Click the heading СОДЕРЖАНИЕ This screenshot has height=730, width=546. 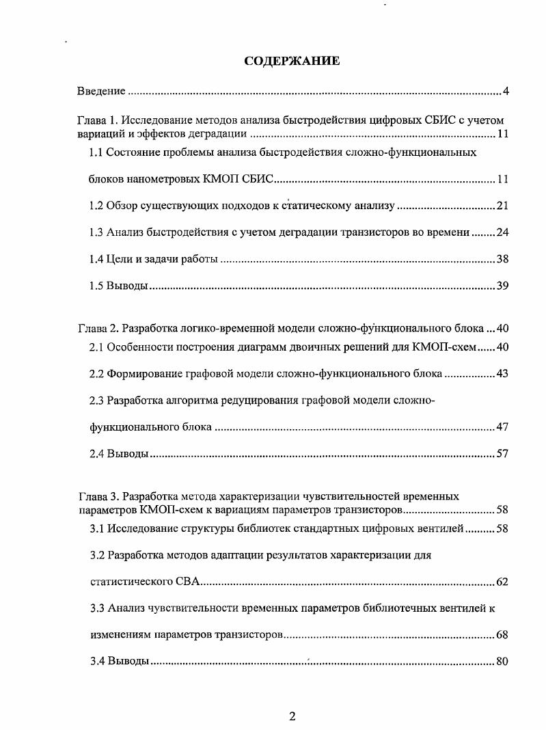pos(292,62)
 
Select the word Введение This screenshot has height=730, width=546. pos(100,91)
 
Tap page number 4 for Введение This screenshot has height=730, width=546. pos(505,91)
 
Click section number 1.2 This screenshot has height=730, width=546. pos(96,206)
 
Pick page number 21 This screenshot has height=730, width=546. pos(502,206)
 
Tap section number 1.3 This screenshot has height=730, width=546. pos(96,232)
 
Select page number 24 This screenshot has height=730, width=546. pos(502,232)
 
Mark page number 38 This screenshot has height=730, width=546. pos(502,259)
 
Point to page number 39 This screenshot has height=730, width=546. pos(502,286)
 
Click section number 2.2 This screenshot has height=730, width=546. pos(97,374)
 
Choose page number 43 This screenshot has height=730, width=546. pos(502,374)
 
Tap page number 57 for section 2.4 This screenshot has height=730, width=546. pos(502,454)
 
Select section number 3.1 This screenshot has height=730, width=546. pos(97,528)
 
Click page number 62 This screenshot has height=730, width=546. pos(502,582)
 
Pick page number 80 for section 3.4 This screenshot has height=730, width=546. pos(502,662)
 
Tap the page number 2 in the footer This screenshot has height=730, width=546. pos(292,716)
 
